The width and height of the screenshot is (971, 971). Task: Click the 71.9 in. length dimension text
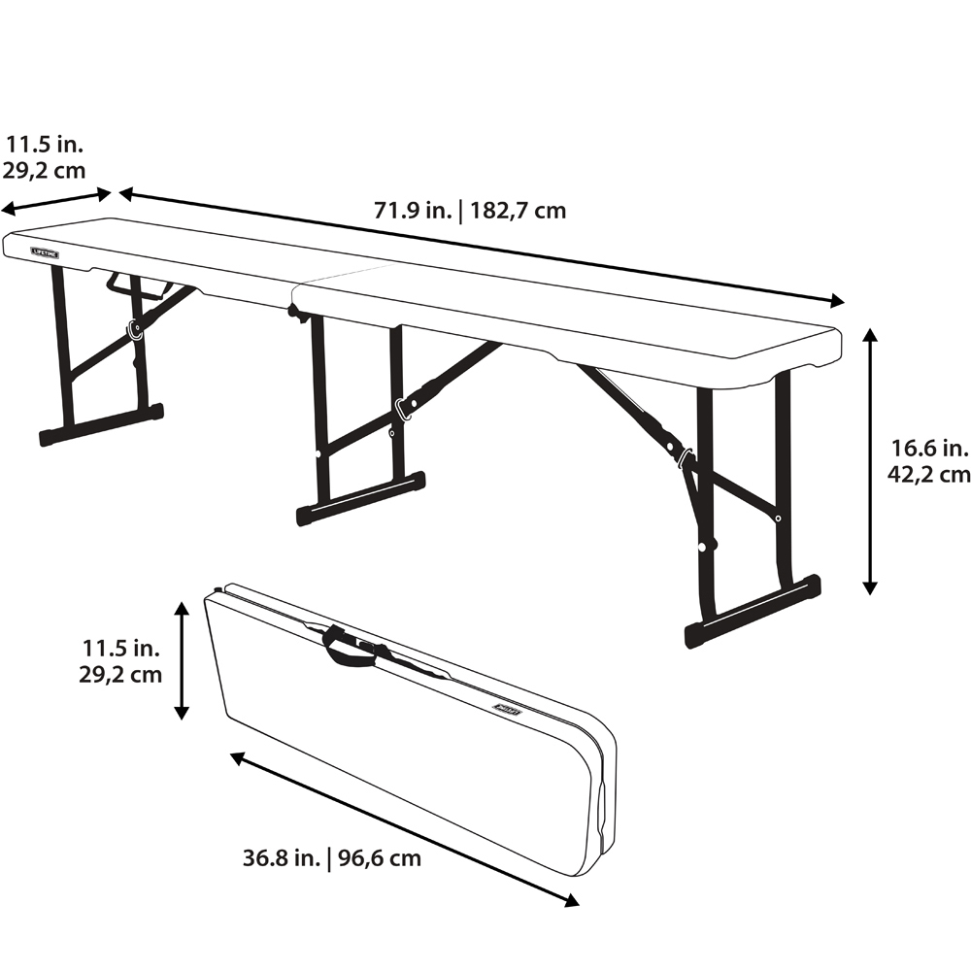(413, 211)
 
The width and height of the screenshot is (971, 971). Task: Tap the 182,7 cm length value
(518, 211)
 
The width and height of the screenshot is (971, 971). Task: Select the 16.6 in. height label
(929, 448)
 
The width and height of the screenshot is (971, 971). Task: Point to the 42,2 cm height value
(929, 475)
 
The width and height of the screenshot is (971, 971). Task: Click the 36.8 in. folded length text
(282, 858)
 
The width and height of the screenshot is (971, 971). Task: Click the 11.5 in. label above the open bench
(44, 145)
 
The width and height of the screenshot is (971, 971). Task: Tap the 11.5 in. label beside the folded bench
(120, 649)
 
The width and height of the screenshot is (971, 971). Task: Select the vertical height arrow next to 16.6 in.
(870, 461)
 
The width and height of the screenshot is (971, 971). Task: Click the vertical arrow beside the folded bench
(181, 660)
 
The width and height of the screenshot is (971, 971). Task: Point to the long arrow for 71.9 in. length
(482, 248)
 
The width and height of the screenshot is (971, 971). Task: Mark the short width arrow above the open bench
(55, 203)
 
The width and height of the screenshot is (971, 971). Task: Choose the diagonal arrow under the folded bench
(404, 829)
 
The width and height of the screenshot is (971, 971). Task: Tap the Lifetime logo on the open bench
(46, 252)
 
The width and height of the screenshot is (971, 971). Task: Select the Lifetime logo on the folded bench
(508, 710)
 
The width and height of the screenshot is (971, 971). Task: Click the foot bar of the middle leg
(360, 499)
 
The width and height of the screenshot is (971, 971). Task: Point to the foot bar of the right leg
(753, 612)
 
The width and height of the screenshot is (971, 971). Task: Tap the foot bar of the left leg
(101, 425)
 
